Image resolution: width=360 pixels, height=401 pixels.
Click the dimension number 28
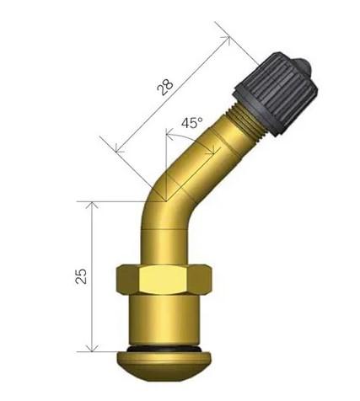(x=164, y=88)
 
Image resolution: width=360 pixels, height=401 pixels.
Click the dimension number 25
(x=81, y=276)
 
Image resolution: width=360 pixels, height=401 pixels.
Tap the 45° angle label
(x=192, y=123)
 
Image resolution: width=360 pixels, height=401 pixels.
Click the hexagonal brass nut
(x=164, y=279)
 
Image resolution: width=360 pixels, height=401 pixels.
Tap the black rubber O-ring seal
(x=164, y=349)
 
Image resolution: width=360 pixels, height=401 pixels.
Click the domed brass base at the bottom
(x=164, y=365)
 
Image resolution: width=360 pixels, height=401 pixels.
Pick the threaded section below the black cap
(x=245, y=122)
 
